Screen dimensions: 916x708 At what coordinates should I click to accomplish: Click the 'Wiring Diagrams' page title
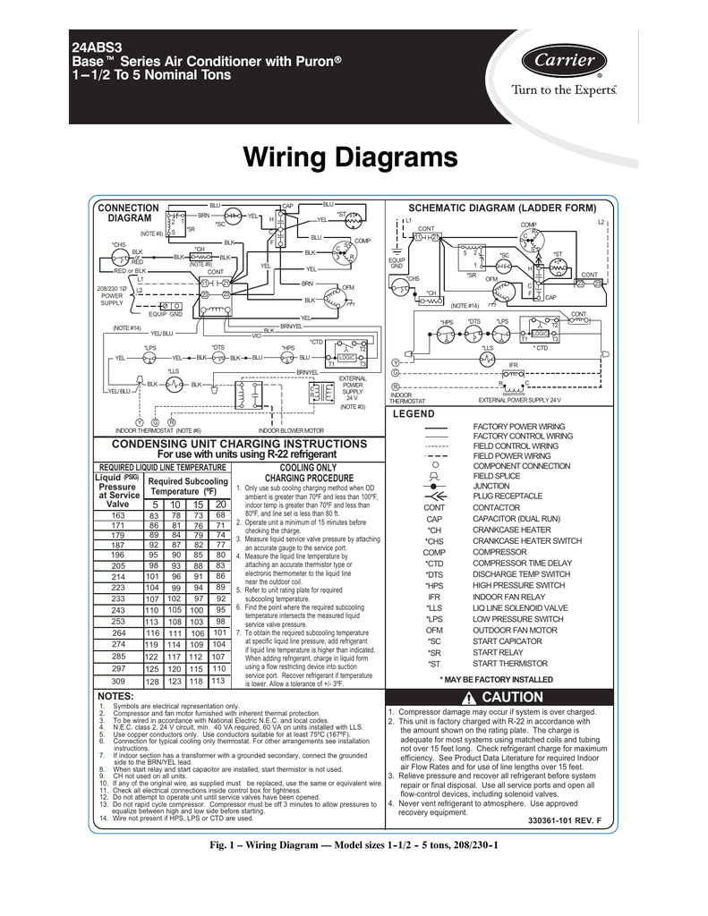click(351, 158)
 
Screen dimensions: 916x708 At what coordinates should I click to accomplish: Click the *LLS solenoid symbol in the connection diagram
click(170, 384)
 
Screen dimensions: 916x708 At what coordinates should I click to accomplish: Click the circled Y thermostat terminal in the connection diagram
click(140, 421)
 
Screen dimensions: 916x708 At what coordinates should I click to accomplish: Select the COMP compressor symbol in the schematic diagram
click(533, 240)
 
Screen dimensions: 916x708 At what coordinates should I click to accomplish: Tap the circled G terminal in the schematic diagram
click(396, 372)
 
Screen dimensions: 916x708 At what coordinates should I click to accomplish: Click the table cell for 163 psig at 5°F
click(154, 515)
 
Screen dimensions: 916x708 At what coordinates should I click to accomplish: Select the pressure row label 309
click(118, 681)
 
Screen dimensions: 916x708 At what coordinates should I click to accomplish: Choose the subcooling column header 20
click(219, 505)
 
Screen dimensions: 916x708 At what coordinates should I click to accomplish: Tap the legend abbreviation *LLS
click(435, 608)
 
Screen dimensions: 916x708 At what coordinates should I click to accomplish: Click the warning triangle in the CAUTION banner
click(467, 698)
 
